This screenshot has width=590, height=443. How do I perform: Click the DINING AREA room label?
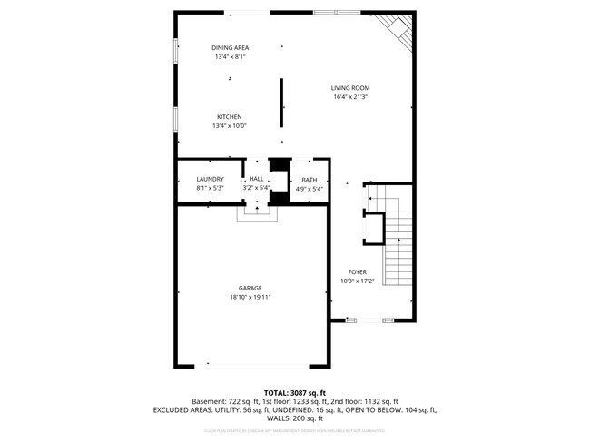230,47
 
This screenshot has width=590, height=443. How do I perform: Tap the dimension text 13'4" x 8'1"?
230,56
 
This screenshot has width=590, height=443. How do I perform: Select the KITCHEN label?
229,116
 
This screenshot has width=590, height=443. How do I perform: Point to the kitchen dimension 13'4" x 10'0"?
229,125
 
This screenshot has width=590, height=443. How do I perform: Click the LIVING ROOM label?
350,88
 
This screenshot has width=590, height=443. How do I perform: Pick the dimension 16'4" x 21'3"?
350,97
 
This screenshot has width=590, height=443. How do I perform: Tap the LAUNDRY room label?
210,179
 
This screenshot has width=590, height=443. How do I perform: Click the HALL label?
257,179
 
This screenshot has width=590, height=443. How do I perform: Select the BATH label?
310,180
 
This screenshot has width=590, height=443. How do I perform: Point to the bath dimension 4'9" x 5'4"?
310,189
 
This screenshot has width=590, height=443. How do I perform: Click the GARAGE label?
251,288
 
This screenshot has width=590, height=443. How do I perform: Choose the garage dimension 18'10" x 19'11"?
251,297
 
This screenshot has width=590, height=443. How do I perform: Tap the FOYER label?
357,271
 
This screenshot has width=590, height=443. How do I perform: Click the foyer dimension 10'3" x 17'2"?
357,281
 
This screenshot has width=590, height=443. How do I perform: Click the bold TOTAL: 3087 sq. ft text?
295,390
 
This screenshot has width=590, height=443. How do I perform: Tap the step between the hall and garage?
256,213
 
